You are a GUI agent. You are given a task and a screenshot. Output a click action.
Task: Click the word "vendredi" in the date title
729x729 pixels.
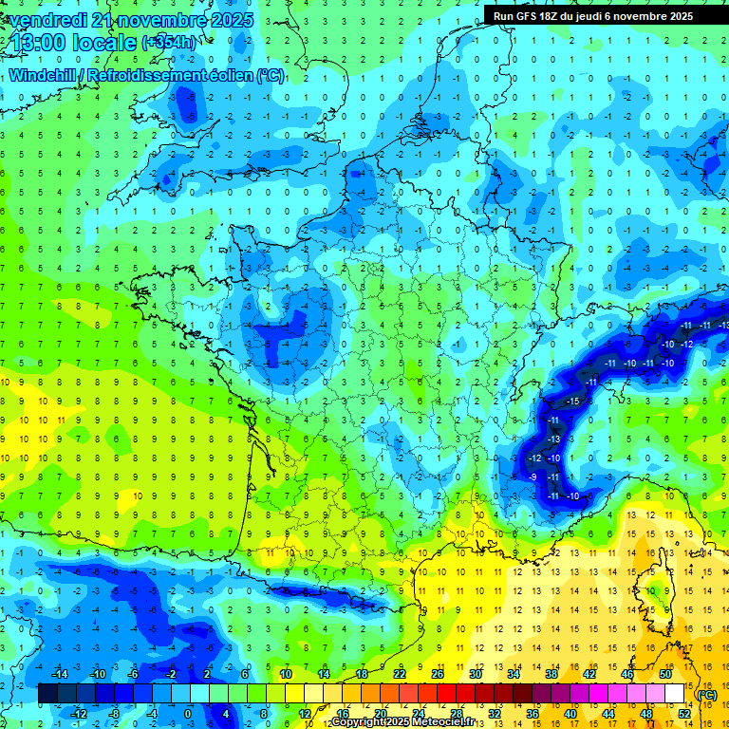tap(47, 20)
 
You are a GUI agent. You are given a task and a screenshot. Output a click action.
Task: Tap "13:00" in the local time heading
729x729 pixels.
tap(37, 43)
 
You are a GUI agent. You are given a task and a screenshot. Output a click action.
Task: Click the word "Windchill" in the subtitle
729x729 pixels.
tap(44, 74)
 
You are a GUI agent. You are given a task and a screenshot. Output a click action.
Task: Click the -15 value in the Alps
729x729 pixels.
tap(572, 402)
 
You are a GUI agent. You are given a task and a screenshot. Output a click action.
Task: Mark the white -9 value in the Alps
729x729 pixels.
tap(533, 477)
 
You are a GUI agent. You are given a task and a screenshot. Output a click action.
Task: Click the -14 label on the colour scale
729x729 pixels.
tap(59, 673)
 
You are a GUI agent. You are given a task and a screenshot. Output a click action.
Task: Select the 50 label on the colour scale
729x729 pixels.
tap(665, 673)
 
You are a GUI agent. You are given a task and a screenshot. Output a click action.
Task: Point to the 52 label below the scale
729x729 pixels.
tap(684, 714)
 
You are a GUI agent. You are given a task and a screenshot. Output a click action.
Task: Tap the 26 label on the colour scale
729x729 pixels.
tap(438, 673)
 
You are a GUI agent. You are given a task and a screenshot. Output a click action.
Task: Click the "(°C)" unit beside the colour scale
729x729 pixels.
tap(707, 694)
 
